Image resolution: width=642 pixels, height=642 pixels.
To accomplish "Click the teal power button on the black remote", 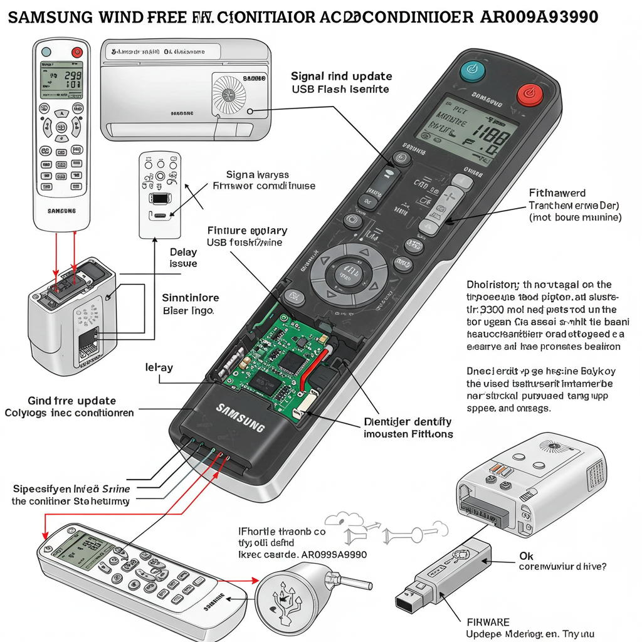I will coord(472,71).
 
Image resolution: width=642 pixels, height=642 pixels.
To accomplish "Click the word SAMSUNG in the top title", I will coord(50,17).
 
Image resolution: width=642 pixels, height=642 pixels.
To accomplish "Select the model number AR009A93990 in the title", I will coord(539,17).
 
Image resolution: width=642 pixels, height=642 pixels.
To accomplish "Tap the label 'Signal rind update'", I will coord(341,76).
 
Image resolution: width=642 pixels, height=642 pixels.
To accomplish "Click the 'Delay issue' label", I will coord(183,258).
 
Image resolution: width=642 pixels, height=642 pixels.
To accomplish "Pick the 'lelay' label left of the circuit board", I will coord(159,367).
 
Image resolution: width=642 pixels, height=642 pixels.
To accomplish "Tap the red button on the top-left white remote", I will coord(78,52).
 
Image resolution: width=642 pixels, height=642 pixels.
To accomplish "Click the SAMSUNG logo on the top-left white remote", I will coord(61,211).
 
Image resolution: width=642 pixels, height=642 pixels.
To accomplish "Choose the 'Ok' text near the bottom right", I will coord(527,555).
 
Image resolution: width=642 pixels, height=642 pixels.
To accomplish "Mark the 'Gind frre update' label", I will coord(71,401).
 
